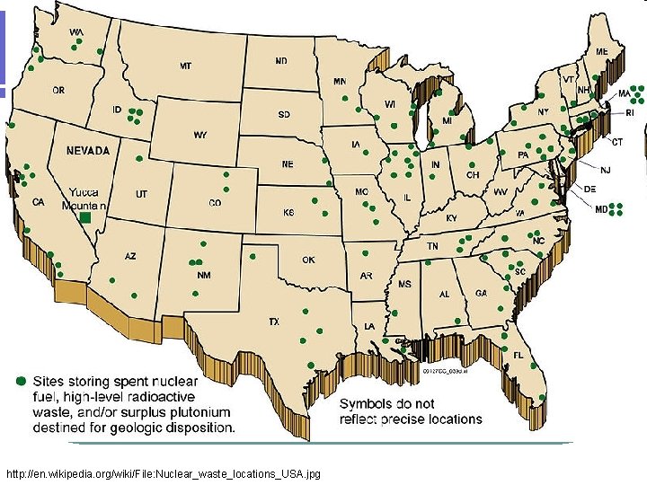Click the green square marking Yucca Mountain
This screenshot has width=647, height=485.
(x=85, y=217)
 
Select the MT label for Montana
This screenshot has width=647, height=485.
(x=185, y=66)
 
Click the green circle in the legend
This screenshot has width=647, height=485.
(x=22, y=380)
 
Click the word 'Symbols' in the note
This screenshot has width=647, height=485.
(x=365, y=403)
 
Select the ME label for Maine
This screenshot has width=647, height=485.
(x=600, y=51)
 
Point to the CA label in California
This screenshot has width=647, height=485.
(x=39, y=203)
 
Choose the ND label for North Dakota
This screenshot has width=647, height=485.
(x=281, y=61)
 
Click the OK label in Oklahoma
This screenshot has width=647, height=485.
(x=308, y=260)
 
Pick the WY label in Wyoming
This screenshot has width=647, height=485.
(x=199, y=136)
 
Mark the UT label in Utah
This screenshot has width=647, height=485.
(x=142, y=194)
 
